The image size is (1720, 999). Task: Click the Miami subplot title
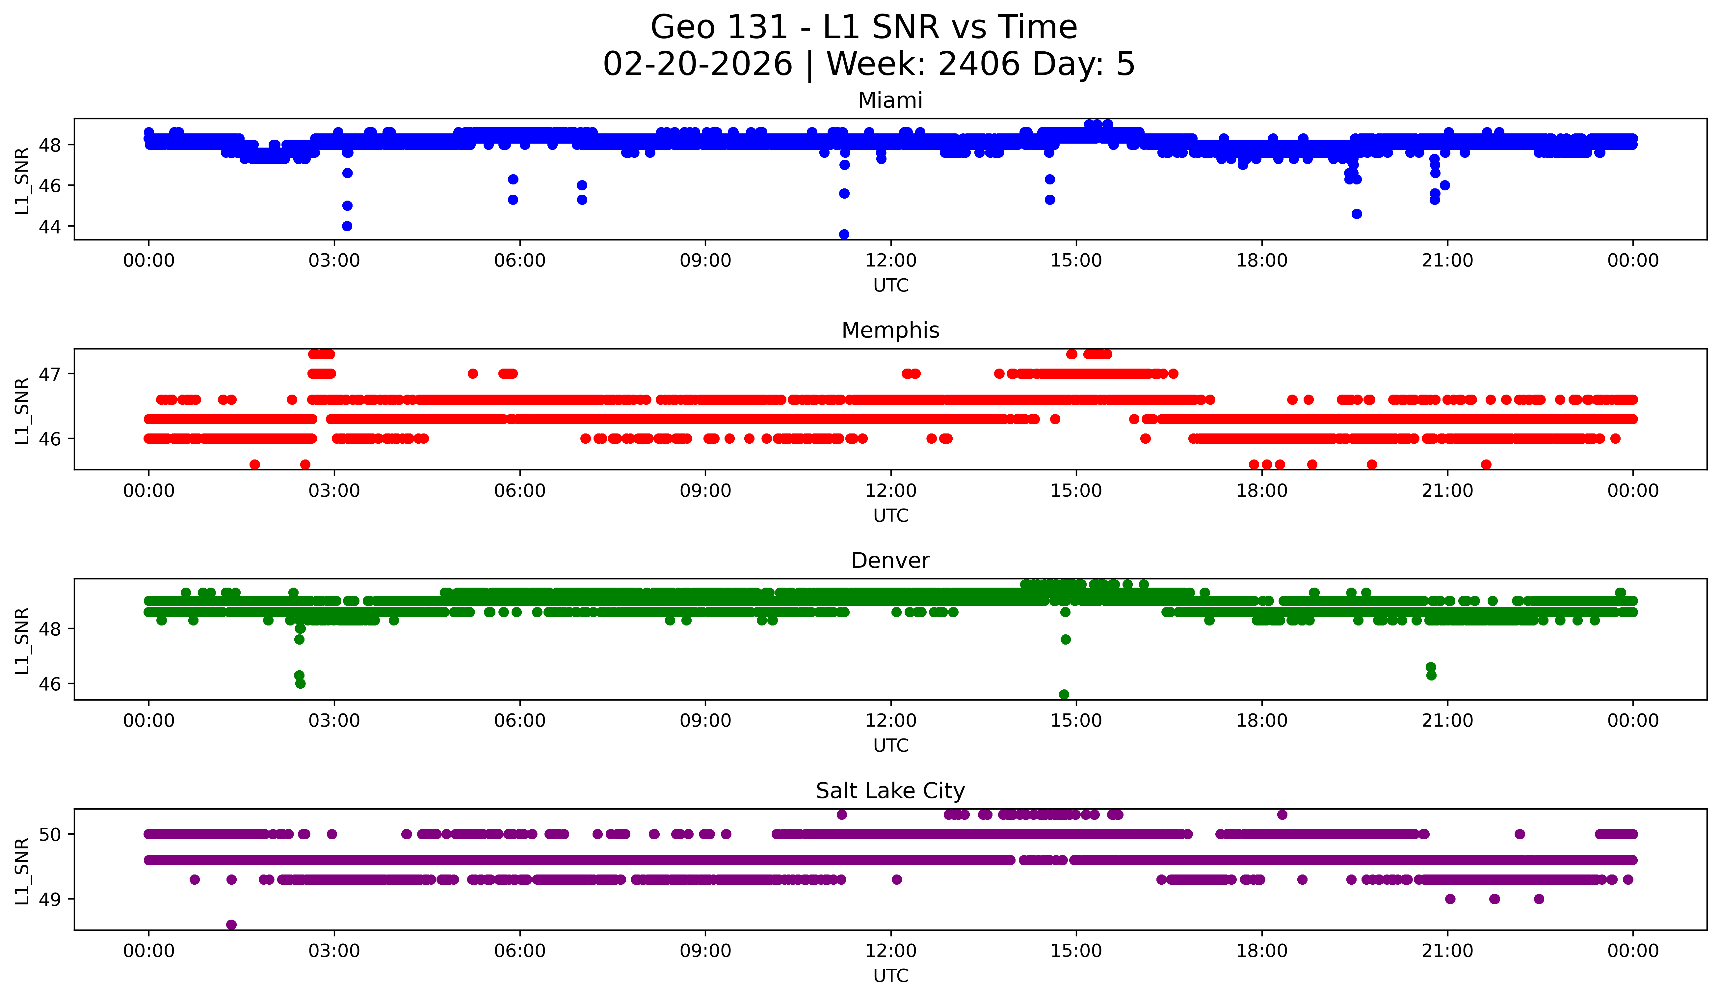[890, 100]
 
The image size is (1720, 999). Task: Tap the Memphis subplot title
[890, 330]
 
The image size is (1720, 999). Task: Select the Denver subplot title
[890, 561]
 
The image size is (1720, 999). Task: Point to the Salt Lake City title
[890, 791]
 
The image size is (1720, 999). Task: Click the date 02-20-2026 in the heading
[698, 64]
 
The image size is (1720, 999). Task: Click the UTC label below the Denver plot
[891, 746]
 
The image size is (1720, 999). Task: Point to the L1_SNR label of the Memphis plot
[22, 410]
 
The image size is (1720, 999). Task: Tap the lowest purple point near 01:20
[231, 925]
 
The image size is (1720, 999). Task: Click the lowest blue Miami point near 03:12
[347, 226]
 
